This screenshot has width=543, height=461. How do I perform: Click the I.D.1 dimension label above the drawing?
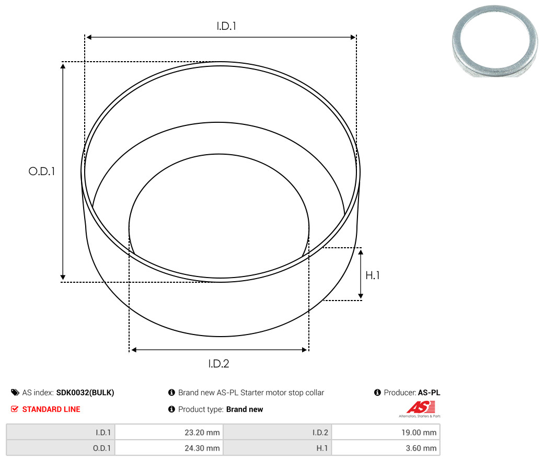click(226, 26)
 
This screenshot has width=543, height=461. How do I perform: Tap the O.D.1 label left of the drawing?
click(42, 171)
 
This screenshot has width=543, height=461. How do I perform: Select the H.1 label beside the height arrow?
click(373, 275)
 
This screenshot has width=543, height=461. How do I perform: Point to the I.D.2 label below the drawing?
click(218, 364)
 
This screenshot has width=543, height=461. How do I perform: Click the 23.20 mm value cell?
click(169, 432)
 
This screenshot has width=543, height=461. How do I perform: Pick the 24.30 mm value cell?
click(169, 448)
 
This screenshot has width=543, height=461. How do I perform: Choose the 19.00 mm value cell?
click(386, 432)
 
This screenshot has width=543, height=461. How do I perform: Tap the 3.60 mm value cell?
click(386, 448)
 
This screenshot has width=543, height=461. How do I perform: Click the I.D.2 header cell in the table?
click(278, 432)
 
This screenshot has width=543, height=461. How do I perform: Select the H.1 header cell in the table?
click(278, 448)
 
